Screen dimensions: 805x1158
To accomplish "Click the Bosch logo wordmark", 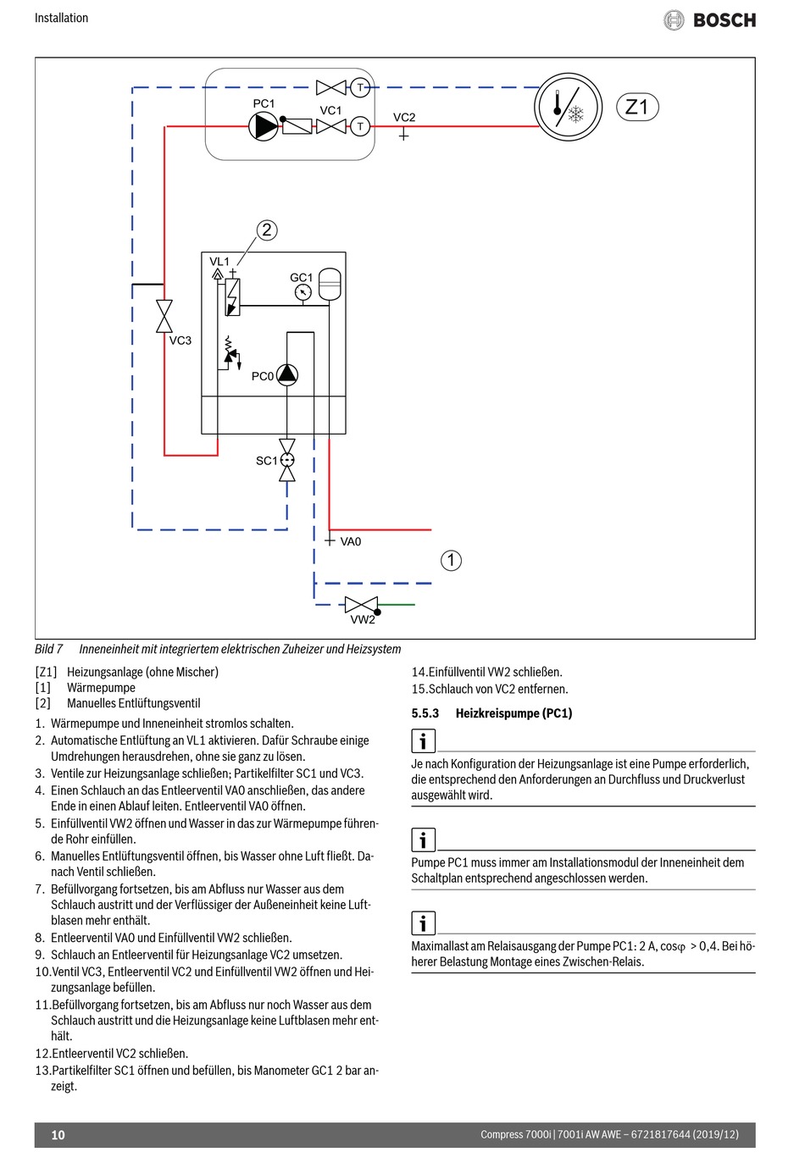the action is click(x=724, y=20).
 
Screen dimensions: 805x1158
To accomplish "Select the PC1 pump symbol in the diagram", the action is click(x=264, y=126).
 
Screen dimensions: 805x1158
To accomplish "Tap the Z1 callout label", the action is click(x=637, y=107).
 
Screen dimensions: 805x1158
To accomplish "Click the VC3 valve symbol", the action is click(x=164, y=316).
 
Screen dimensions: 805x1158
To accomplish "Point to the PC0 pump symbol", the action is click(x=287, y=374).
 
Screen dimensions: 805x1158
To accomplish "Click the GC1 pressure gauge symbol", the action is click(x=303, y=292).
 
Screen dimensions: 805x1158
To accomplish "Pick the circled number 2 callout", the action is click(x=267, y=230).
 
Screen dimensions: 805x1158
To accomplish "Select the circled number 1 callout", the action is click(x=451, y=561).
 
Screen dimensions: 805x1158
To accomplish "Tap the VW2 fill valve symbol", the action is click(x=362, y=605).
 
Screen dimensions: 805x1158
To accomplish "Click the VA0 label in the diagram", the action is click(x=351, y=541).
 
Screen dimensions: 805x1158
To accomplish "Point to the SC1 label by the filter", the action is click(x=266, y=461).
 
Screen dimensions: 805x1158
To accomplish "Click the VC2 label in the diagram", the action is click(x=404, y=118).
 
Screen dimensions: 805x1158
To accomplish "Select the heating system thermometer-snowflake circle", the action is click(x=568, y=107).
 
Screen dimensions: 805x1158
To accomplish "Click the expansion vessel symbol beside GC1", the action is click(x=330, y=284).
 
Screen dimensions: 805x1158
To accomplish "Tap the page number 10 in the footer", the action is click(x=58, y=1134).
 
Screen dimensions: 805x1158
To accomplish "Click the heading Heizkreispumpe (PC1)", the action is click(x=514, y=713).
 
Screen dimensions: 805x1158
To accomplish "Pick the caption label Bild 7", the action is click(x=48, y=649).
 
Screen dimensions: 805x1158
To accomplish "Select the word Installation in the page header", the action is click(x=62, y=18).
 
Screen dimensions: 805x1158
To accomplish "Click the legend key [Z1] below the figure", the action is click(x=46, y=672).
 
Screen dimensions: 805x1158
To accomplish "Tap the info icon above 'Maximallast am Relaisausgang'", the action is click(x=423, y=923).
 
